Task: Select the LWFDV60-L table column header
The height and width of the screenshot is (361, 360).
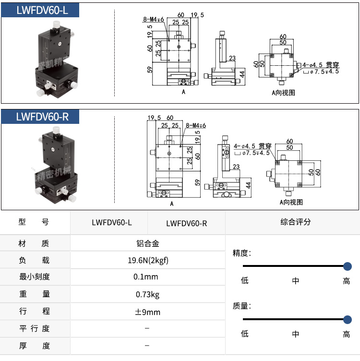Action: pos(111,223)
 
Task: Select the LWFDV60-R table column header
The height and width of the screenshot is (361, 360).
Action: pos(186,223)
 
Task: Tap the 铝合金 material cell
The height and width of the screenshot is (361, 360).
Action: pos(147,243)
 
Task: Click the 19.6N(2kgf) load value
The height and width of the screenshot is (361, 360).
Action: pos(147,261)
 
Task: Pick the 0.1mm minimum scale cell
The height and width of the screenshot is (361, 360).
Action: pos(147,277)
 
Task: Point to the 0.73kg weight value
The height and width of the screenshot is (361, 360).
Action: pos(147,294)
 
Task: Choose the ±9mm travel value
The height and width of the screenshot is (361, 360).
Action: pos(147,312)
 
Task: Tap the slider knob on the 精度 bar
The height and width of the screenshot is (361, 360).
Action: pos(348,266)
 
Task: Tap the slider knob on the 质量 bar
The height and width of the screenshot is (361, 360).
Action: pos(348,319)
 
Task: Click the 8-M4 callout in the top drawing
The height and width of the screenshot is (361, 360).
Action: pos(153,20)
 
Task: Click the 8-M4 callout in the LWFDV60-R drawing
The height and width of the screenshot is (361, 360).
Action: pos(195,125)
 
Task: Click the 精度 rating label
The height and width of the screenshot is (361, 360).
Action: pos(241,253)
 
